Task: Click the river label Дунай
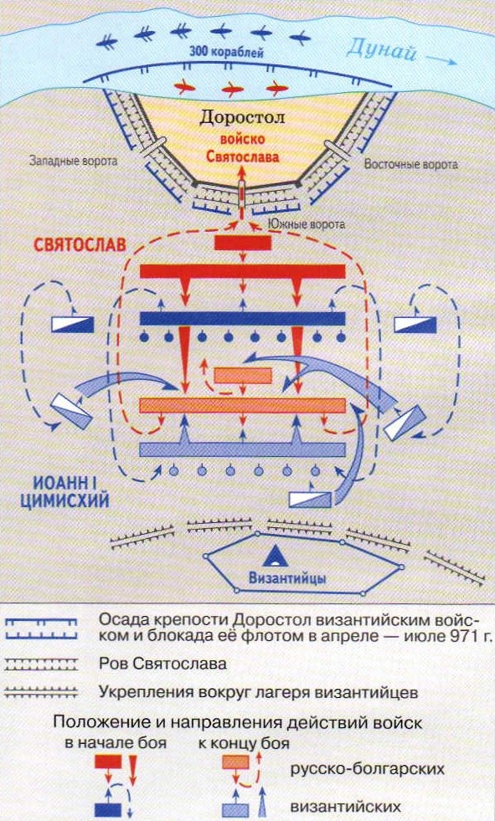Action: (x=381, y=50)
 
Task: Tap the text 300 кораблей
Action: (x=227, y=53)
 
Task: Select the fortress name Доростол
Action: (x=242, y=118)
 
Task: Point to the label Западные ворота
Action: (x=74, y=162)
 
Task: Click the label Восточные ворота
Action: (x=410, y=165)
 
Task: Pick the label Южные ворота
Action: (x=306, y=224)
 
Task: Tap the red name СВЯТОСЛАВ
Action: (x=80, y=245)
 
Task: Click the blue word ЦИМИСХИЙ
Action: (x=65, y=500)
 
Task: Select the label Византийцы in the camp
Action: (x=287, y=578)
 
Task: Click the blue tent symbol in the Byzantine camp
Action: (x=276, y=556)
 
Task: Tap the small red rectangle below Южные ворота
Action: (x=243, y=243)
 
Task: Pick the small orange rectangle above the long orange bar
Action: (x=243, y=376)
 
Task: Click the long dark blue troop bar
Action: (x=243, y=319)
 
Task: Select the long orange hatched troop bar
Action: (x=243, y=406)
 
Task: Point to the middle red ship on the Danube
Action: (x=233, y=90)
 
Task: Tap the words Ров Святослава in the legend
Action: (x=162, y=664)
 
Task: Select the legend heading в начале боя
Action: (x=116, y=743)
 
